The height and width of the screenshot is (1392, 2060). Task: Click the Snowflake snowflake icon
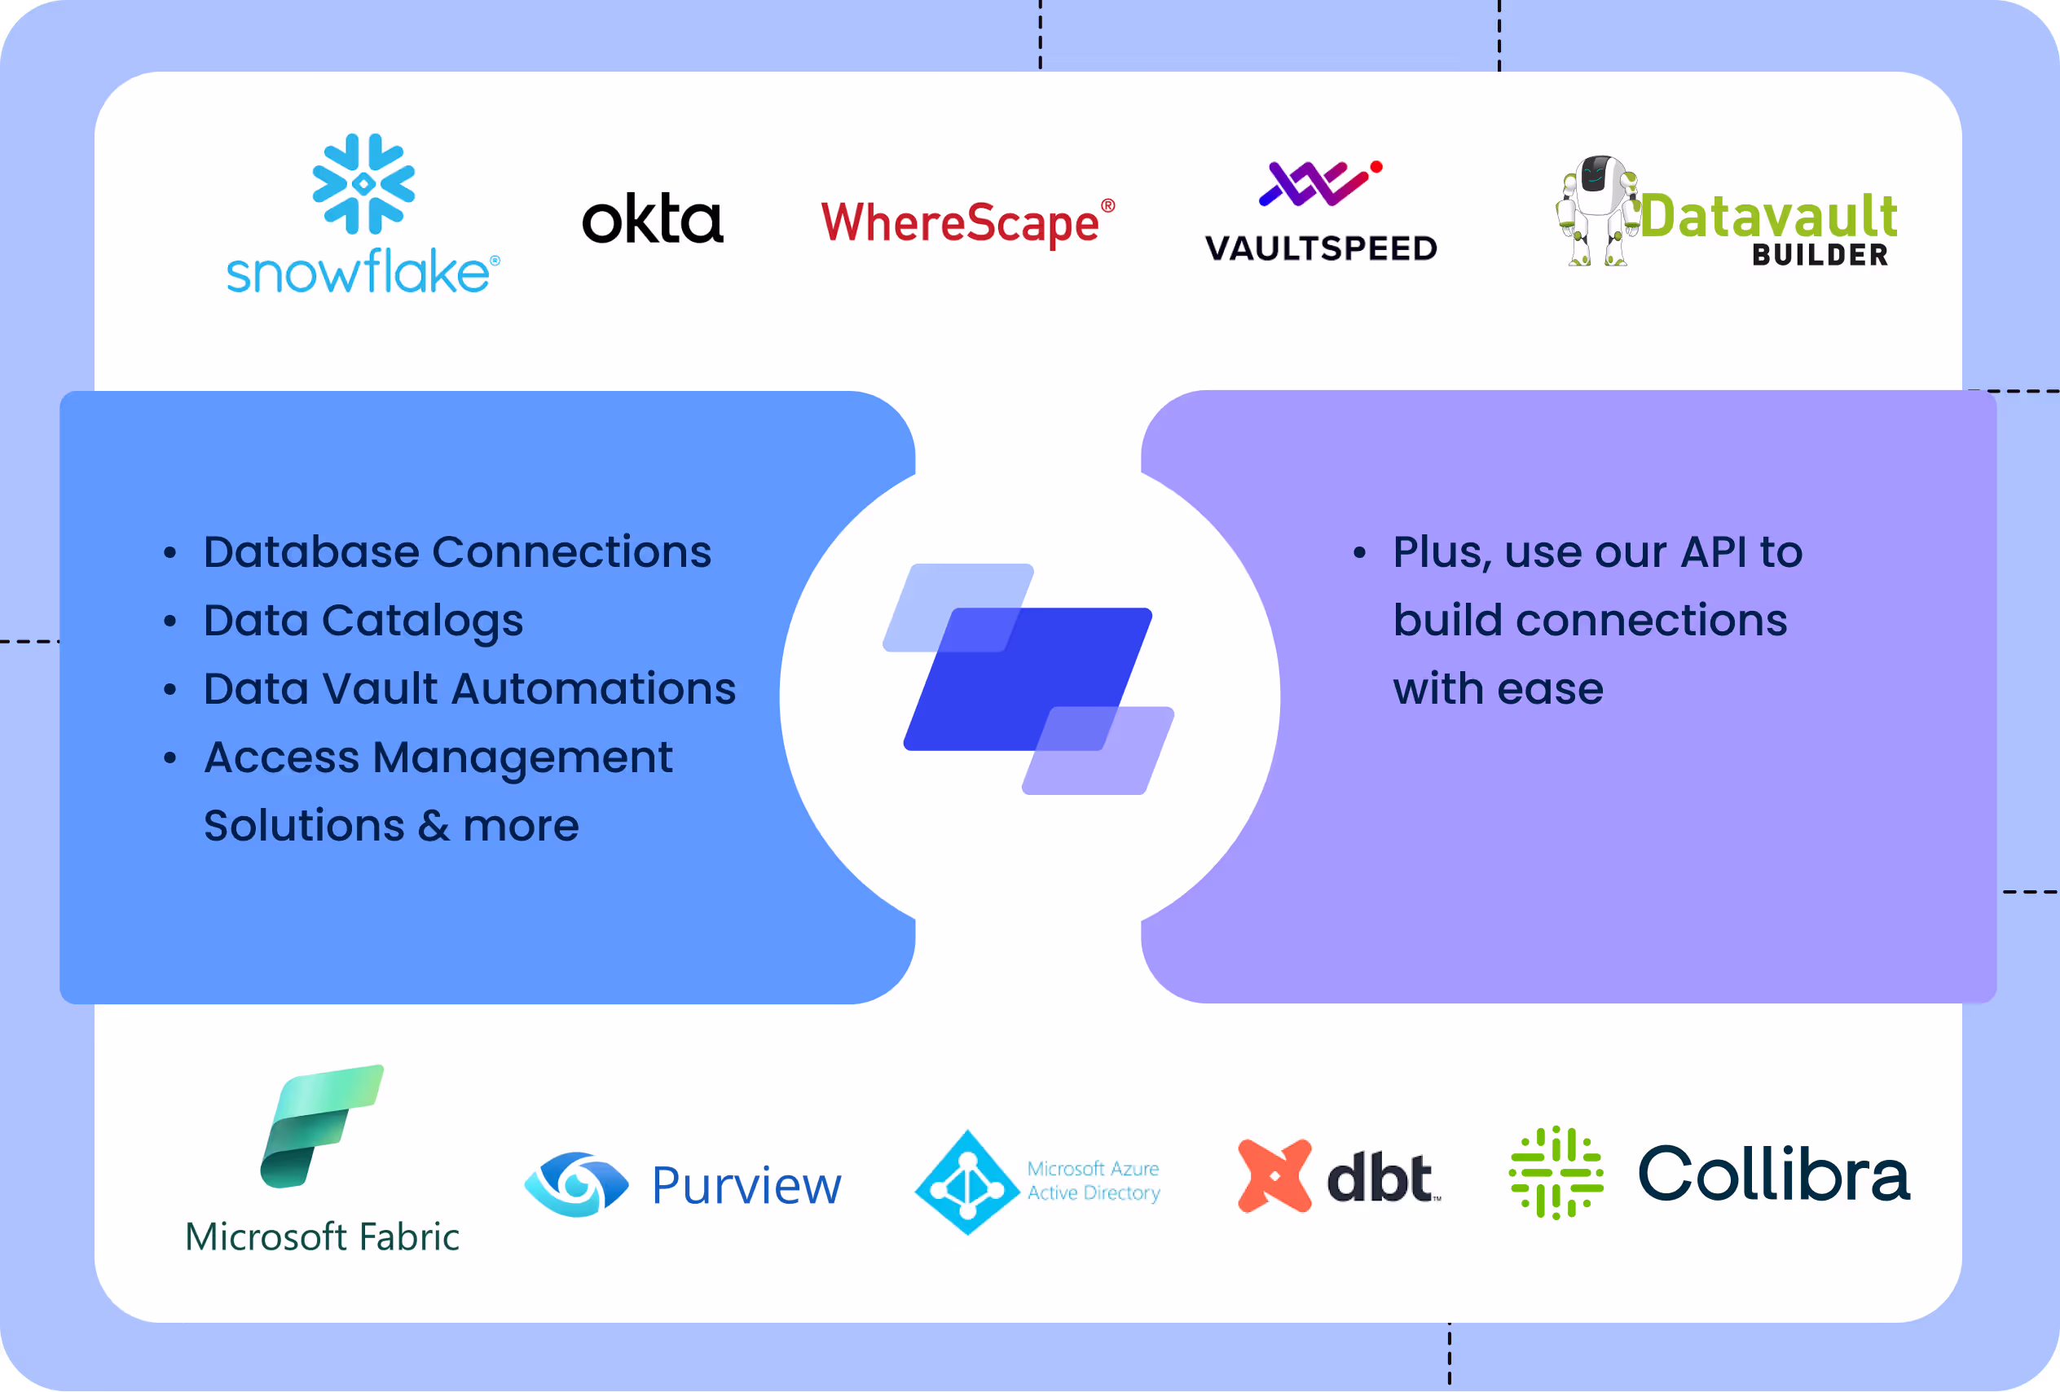[x=363, y=183]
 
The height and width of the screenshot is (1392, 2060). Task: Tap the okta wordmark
[x=653, y=220]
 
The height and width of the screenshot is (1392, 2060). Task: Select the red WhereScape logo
[x=966, y=222]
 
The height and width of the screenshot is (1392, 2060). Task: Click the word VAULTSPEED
[x=1321, y=249]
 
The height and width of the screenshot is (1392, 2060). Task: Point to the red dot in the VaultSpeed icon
[x=1376, y=167]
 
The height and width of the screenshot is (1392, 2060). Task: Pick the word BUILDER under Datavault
[x=1820, y=255]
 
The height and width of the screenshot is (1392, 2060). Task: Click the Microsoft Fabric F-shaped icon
[x=321, y=1126]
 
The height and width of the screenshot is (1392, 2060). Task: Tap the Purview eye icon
[x=577, y=1183]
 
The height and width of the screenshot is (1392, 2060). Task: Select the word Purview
[x=746, y=1186]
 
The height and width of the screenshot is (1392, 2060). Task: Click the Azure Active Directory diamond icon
[x=967, y=1182]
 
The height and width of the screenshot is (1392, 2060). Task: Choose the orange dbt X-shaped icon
[x=1274, y=1176]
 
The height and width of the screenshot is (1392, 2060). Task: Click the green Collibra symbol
[x=1556, y=1173]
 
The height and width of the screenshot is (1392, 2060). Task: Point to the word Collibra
[x=1774, y=1174]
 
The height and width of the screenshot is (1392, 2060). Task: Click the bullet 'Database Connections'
[x=457, y=552]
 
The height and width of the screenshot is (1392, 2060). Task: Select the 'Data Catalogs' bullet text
[x=363, y=620]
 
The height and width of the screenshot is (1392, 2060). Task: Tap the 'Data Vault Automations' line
[x=470, y=688]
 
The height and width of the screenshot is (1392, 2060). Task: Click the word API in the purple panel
[x=1714, y=552]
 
